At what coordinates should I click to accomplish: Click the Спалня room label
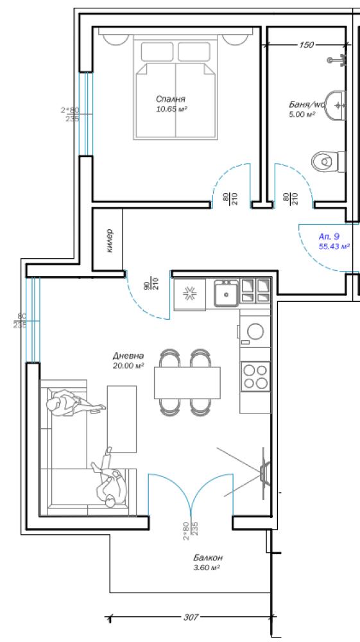pyautogui.click(x=171, y=99)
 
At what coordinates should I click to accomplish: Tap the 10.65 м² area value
pyautogui.click(x=171, y=109)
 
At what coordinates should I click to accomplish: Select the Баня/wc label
pyautogui.click(x=306, y=105)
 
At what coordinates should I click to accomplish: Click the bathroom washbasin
pyautogui.click(x=336, y=106)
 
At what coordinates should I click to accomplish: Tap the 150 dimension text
pyautogui.click(x=306, y=45)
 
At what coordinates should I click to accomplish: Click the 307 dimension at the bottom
pyautogui.click(x=191, y=616)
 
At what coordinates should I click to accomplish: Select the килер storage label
pyautogui.click(x=109, y=241)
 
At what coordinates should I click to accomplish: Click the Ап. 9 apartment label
pyautogui.click(x=329, y=236)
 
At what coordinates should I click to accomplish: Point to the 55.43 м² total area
pyautogui.click(x=334, y=246)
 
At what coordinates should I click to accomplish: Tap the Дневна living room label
pyautogui.click(x=128, y=356)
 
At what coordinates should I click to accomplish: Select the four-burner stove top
pyautogui.click(x=255, y=376)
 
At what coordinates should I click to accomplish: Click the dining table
pyautogui.click(x=187, y=383)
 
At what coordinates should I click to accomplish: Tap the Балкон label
pyautogui.click(x=208, y=558)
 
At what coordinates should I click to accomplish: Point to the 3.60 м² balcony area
pyautogui.click(x=207, y=568)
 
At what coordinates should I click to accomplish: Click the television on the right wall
pyautogui.click(x=266, y=473)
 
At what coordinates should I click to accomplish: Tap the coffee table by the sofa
pyautogui.click(x=122, y=419)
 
